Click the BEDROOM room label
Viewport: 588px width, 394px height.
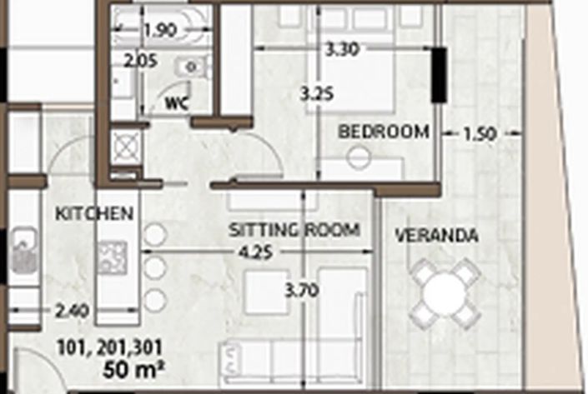coord(384,132)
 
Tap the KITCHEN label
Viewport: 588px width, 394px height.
coord(94,214)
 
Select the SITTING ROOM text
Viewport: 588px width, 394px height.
coord(294,230)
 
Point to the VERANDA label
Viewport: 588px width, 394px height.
coord(436,237)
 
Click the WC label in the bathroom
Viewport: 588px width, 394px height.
coord(176,104)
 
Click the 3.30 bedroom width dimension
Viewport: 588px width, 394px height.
coord(342,49)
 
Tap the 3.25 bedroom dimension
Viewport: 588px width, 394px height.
coord(317,94)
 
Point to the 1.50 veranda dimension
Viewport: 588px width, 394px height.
coord(480,132)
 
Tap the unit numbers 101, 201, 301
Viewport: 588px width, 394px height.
coord(109,347)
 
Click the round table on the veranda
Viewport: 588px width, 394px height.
coord(447,292)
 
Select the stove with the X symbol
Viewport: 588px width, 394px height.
coord(126,145)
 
